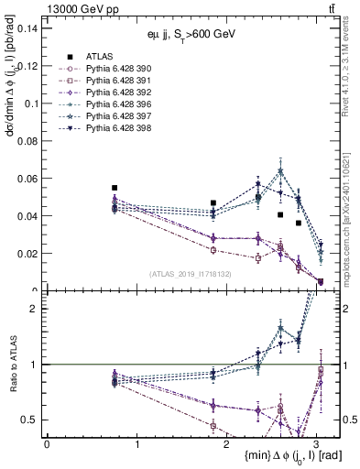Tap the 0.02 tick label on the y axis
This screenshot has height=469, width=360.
coord(27,254)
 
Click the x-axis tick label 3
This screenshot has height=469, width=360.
coord(317,443)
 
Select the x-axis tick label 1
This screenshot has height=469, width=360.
coord(136,443)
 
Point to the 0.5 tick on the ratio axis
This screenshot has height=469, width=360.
coord(30,420)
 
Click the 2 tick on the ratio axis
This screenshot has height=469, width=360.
coord(35,309)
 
